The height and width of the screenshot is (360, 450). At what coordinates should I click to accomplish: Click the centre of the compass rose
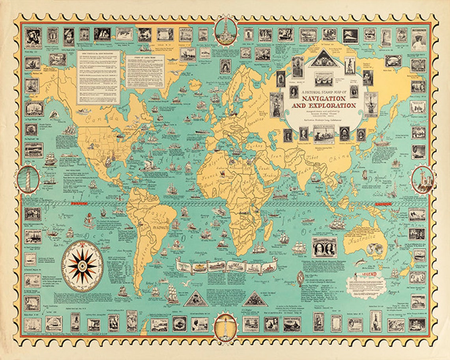click(82, 266)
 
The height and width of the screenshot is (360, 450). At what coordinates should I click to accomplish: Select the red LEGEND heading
click(363, 274)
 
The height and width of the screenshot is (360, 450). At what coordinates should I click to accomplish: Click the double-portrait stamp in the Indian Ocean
click(324, 247)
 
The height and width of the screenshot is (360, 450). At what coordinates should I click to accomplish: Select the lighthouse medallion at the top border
click(226, 31)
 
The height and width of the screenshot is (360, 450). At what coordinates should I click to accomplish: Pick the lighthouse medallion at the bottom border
click(225, 327)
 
